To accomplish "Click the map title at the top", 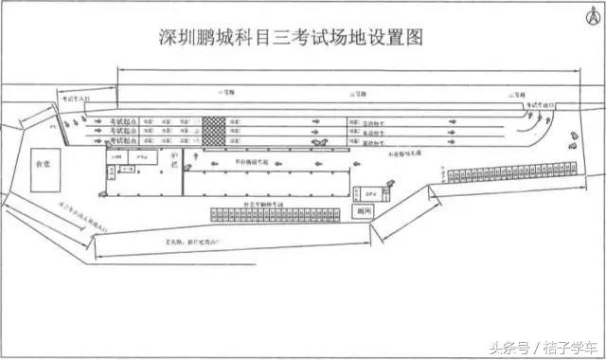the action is pyautogui.click(x=289, y=37).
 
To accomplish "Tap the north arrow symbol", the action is pyautogui.click(x=579, y=16).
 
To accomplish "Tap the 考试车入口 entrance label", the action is pyautogui.click(x=78, y=98).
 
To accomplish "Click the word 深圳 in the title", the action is pyautogui.click(x=173, y=37).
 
